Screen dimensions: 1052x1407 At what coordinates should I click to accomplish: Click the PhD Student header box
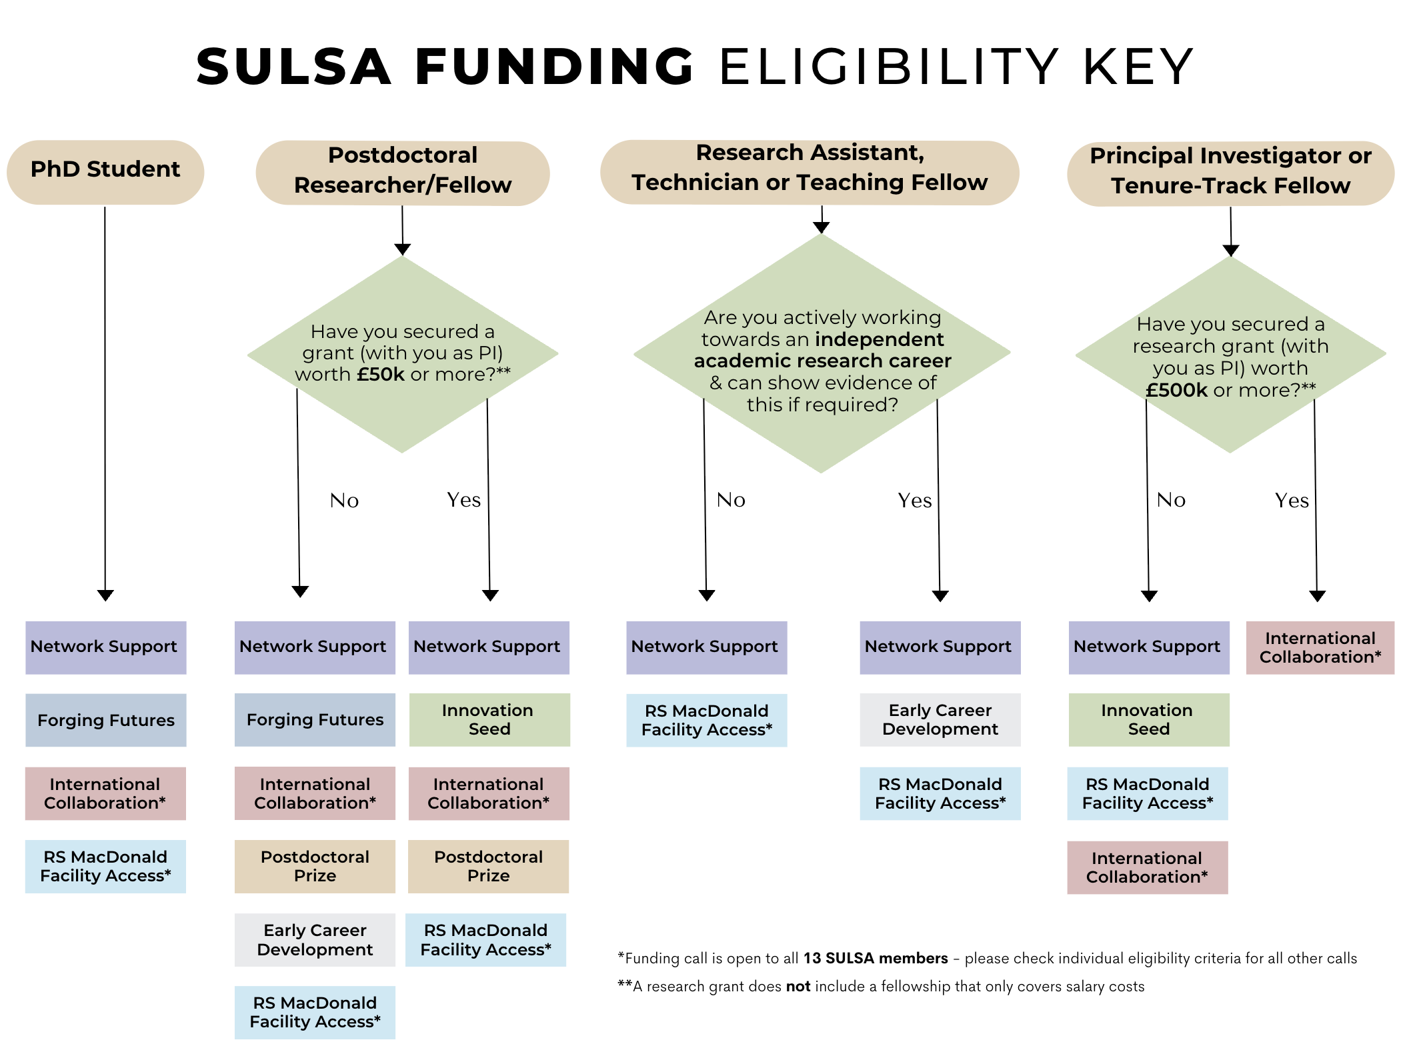pyautogui.click(x=105, y=171)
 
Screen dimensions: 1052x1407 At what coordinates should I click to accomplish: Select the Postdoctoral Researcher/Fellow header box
pyautogui.click(x=403, y=172)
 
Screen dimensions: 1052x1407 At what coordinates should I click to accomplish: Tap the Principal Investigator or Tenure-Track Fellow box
pyautogui.click(x=1230, y=172)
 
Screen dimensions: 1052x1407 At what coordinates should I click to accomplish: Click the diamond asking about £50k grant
pyautogui.click(x=402, y=353)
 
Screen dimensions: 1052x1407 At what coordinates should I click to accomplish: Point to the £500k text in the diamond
pyautogui.click(x=1176, y=391)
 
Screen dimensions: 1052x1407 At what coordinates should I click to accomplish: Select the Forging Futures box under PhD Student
pyautogui.click(x=106, y=720)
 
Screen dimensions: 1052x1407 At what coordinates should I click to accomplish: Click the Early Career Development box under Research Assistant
pyautogui.click(x=940, y=720)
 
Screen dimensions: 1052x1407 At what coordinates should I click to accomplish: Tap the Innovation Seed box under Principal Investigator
pyautogui.click(x=1148, y=720)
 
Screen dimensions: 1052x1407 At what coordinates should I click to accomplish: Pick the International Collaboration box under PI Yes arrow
pyautogui.click(x=1320, y=648)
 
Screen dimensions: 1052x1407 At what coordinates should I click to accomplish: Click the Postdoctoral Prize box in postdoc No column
pyautogui.click(x=315, y=866)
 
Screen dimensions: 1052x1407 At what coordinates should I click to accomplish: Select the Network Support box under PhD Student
pyautogui.click(x=105, y=647)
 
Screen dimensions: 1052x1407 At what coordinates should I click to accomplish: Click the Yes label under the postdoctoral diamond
pyautogui.click(x=463, y=500)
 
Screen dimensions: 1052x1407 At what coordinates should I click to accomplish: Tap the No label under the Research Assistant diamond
pyautogui.click(x=731, y=500)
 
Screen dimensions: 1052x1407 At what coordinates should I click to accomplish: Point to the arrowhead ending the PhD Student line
pyautogui.click(x=105, y=595)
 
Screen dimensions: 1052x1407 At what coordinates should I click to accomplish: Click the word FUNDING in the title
pyautogui.click(x=554, y=67)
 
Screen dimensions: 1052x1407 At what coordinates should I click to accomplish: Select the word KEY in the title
pyautogui.click(x=1138, y=67)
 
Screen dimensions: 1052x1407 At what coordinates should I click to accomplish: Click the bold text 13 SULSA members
pyautogui.click(x=875, y=959)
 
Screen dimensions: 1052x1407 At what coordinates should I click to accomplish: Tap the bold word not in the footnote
pyautogui.click(x=798, y=987)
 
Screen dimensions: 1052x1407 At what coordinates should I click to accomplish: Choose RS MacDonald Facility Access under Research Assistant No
pyautogui.click(x=707, y=720)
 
